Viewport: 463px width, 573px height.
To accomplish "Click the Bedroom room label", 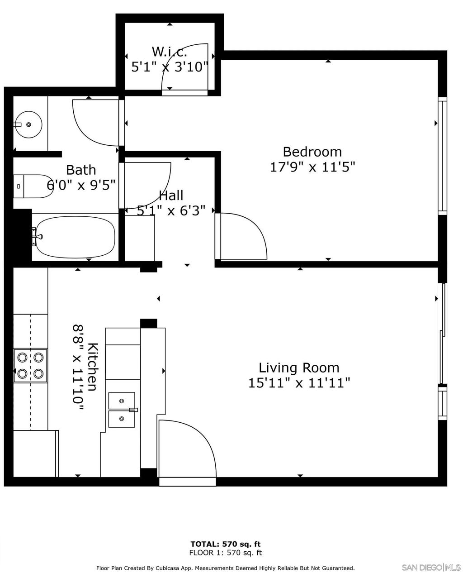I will click(312, 151).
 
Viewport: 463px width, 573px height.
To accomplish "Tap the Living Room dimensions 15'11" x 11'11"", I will click(299, 383).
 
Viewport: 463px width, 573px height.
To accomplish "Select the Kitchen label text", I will click(92, 367).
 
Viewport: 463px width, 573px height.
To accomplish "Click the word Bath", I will click(81, 170).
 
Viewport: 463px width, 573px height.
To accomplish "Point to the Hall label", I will click(171, 196).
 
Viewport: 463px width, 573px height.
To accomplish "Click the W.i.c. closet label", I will click(169, 51).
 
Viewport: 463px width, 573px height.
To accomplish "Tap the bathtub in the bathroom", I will click(76, 237).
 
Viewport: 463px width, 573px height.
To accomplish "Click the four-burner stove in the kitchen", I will click(30, 365).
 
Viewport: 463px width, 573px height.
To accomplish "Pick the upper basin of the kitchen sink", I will click(122, 401).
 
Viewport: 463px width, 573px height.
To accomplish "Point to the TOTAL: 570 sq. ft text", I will click(225, 544).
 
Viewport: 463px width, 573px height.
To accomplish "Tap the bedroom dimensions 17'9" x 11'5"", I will click(312, 167).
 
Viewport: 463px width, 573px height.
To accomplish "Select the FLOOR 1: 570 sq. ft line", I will click(225, 553).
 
